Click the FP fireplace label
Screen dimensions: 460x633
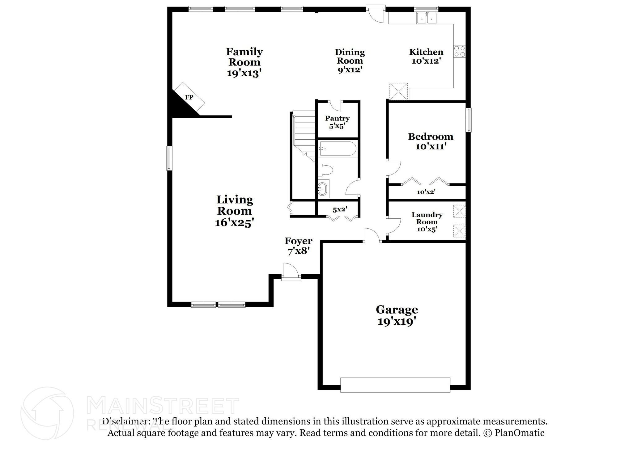189,98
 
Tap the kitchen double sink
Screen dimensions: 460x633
427,18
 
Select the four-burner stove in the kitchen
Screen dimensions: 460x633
459,51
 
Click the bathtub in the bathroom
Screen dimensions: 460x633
338,149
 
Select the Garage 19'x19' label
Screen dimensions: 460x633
397,315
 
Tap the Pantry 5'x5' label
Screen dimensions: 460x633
337,122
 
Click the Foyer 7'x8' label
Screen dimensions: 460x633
298,246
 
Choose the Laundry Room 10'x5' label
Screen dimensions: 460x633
427,222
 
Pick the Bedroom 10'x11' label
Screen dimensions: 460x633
431,141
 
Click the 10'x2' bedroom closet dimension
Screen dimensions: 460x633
426,192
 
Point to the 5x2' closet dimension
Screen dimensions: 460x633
340,209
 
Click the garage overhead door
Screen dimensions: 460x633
395,385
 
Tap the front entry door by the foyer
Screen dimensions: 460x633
291,272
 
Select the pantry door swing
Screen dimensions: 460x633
335,105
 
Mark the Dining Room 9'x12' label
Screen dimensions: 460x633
350,61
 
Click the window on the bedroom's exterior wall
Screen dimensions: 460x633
469,120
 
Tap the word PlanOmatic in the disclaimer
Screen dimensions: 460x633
519,433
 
